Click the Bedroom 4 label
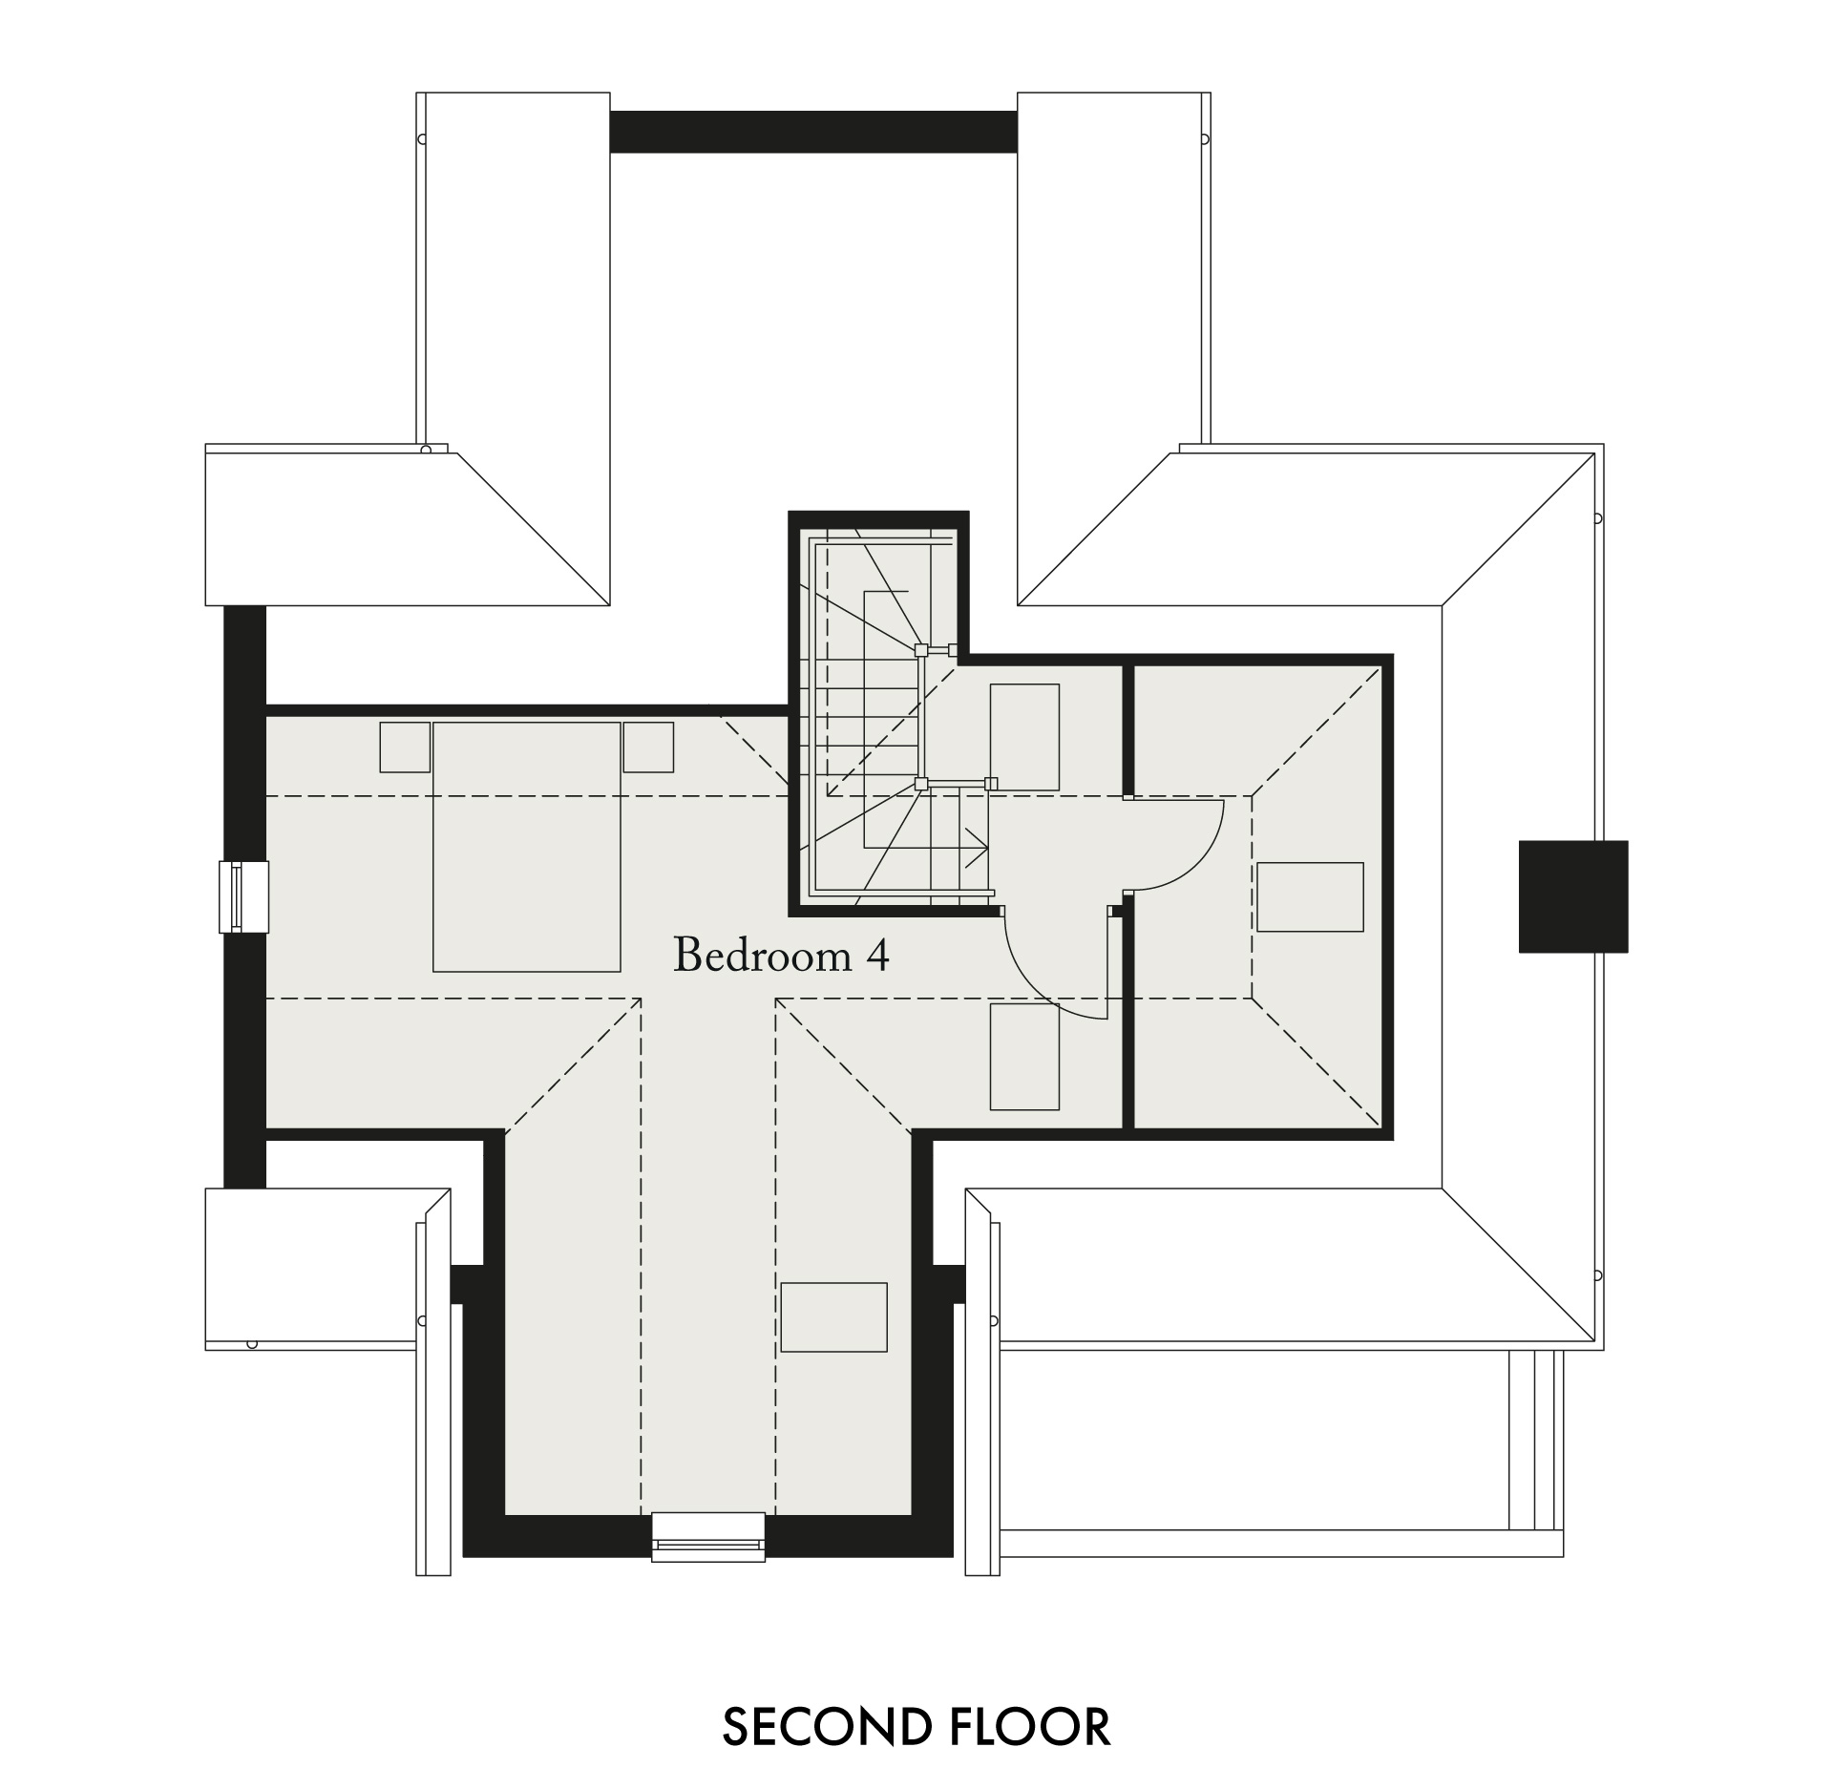click(x=781, y=955)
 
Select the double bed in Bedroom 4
click(x=527, y=847)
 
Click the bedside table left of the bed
click(x=405, y=747)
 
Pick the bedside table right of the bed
click(x=648, y=747)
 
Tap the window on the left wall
click(x=244, y=896)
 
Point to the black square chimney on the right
click(x=1573, y=896)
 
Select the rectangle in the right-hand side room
click(x=1310, y=896)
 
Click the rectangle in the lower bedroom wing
click(x=834, y=1316)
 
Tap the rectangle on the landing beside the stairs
click(x=1024, y=737)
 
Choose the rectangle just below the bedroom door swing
click(x=1024, y=1057)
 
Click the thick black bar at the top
click(x=813, y=132)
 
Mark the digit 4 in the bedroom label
click(x=877, y=956)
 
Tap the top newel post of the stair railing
click(x=921, y=650)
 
